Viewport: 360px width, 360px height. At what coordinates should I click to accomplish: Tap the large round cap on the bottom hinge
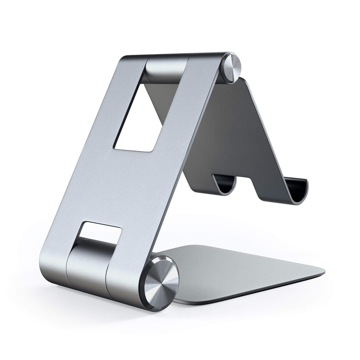coord(161,283)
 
